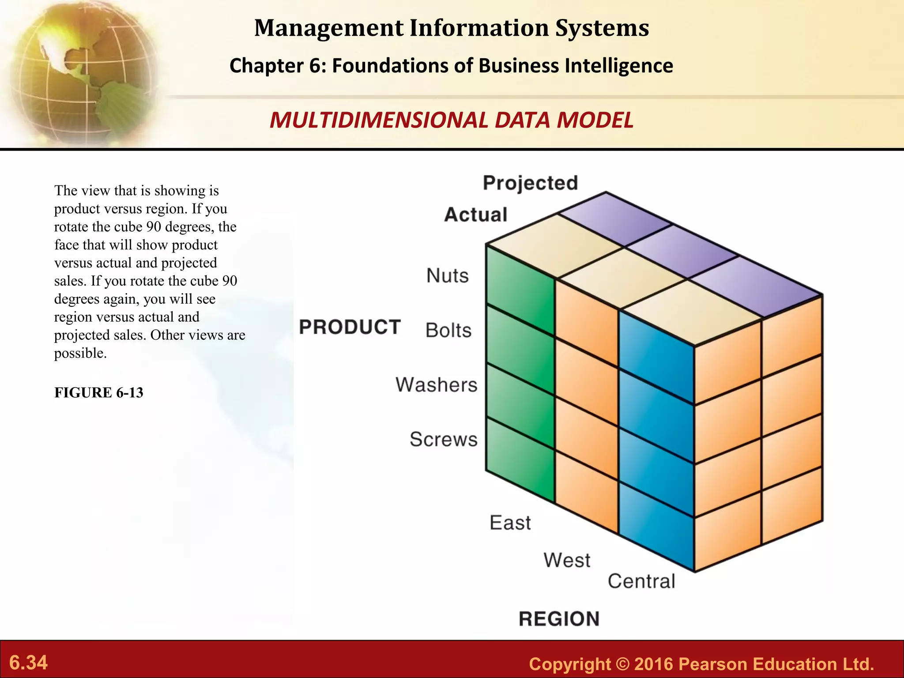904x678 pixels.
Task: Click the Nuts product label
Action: point(447,276)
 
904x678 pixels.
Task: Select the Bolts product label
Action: point(448,331)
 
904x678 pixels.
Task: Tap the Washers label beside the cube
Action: point(436,385)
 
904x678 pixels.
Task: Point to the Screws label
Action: point(443,440)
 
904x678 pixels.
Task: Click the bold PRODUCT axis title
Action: point(350,328)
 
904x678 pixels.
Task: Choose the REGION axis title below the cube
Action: point(559,619)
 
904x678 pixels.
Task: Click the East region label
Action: point(510,523)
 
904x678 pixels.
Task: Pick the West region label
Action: point(566,561)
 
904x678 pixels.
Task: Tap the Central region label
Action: point(641,581)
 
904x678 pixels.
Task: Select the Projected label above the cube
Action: point(530,183)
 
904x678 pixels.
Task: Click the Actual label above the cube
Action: point(475,215)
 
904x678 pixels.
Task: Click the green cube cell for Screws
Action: point(520,459)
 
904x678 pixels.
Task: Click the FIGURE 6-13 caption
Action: point(99,393)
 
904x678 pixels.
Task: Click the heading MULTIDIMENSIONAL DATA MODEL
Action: point(451,121)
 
